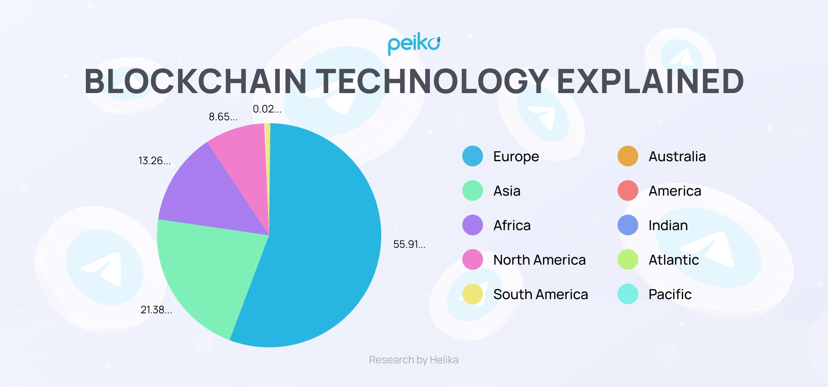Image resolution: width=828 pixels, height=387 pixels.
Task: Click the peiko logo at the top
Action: (414, 44)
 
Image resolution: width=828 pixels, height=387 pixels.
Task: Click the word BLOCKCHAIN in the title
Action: (195, 81)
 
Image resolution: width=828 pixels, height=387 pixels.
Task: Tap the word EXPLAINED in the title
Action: (650, 81)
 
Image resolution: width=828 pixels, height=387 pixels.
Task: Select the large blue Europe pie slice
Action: (319, 241)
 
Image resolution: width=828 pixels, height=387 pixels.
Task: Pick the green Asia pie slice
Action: (207, 272)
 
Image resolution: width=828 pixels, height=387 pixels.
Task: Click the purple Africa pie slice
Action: (207, 194)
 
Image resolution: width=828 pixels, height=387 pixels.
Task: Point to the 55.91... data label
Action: (409, 244)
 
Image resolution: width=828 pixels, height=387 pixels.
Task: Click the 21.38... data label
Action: (156, 310)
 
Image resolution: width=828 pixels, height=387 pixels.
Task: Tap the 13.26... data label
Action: (154, 161)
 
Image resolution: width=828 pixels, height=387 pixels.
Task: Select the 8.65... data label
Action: (223, 117)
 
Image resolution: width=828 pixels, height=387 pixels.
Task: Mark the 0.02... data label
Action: (267, 109)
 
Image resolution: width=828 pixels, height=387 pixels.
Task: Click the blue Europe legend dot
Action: (473, 156)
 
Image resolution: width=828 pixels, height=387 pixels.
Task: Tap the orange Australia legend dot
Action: (628, 156)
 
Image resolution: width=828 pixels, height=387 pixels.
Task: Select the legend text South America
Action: (540, 294)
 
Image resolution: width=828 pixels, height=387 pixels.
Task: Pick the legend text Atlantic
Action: (674, 260)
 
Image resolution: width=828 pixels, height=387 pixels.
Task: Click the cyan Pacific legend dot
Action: (628, 294)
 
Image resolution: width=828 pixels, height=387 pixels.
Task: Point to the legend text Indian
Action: (668, 225)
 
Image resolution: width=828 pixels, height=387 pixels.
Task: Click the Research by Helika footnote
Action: (414, 360)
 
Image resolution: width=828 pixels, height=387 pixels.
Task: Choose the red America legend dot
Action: (628, 190)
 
